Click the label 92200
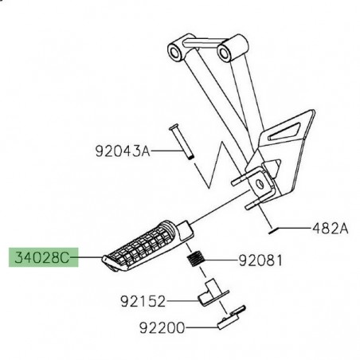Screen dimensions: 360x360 point(141,327)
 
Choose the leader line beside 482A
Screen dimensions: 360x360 point(295,229)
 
